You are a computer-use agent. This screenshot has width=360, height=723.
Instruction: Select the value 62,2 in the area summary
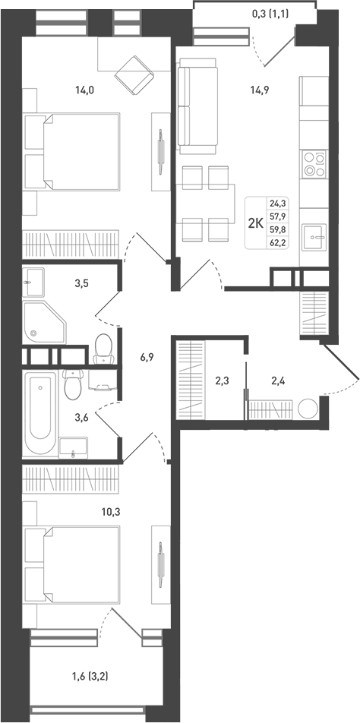[x=278, y=243]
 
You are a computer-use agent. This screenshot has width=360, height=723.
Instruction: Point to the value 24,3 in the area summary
[x=278, y=203]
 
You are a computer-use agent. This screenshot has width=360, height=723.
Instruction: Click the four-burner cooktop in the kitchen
[x=314, y=164]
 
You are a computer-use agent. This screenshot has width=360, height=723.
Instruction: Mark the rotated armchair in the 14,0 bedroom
[x=134, y=72]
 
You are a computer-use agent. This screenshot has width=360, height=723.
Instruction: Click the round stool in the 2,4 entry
[x=308, y=409]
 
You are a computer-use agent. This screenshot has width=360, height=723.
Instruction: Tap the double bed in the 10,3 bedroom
[x=74, y=565]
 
